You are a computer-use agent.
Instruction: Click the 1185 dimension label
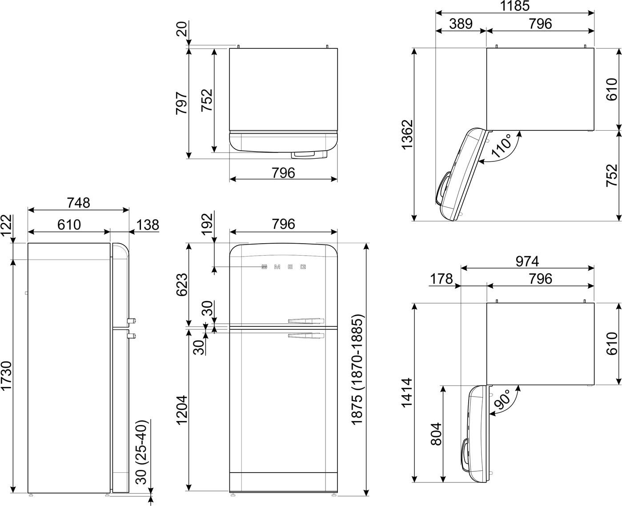(x=515, y=6)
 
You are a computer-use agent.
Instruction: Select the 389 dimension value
(x=461, y=24)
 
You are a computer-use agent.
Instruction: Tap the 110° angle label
(x=502, y=146)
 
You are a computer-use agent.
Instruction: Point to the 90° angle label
(x=502, y=399)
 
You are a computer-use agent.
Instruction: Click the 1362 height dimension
(x=407, y=135)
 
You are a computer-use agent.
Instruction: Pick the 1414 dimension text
(x=407, y=393)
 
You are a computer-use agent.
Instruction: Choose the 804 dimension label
(x=436, y=434)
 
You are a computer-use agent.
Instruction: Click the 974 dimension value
(x=527, y=261)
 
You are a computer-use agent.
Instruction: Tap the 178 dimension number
(x=441, y=279)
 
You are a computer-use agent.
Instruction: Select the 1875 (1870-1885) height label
(x=357, y=369)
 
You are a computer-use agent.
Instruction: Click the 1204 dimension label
(x=181, y=410)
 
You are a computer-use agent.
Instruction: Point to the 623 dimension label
(x=182, y=285)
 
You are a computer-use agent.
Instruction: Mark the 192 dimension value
(x=207, y=224)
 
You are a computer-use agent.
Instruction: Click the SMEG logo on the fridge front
(x=284, y=267)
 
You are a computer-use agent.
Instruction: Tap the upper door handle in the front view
(x=306, y=321)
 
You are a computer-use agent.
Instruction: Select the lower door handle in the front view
(x=306, y=336)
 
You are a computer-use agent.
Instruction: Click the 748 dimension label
(x=78, y=203)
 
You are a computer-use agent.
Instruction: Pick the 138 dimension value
(x=148, y=225)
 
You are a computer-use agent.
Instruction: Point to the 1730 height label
(x=6, y=376)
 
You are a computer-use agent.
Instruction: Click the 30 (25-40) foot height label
(x=141, y=453)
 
